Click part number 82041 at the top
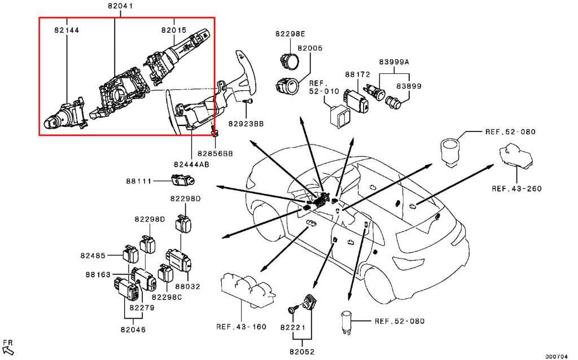(x=121, y=6)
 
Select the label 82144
(x=67, y=30)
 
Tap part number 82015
(x=174, y=30)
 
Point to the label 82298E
(x=290, y=34)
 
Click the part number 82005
(x=310, y=49)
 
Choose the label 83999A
(x=394, y=62)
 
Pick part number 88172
(x=357, y=74)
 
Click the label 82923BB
(x=246, y=124)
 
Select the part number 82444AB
(x=191, y=164)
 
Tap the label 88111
(x=139, y=181)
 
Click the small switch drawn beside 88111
(x=183, y=181)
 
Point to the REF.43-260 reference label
(x=516, y=189)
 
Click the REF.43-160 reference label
(x=241, y=327)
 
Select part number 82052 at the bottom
(x=302, y=352)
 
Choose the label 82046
(x=133, y=330)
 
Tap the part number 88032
(x=187, y=286)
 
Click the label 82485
(x=93, y=256)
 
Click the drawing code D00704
(x=557, y=356)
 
